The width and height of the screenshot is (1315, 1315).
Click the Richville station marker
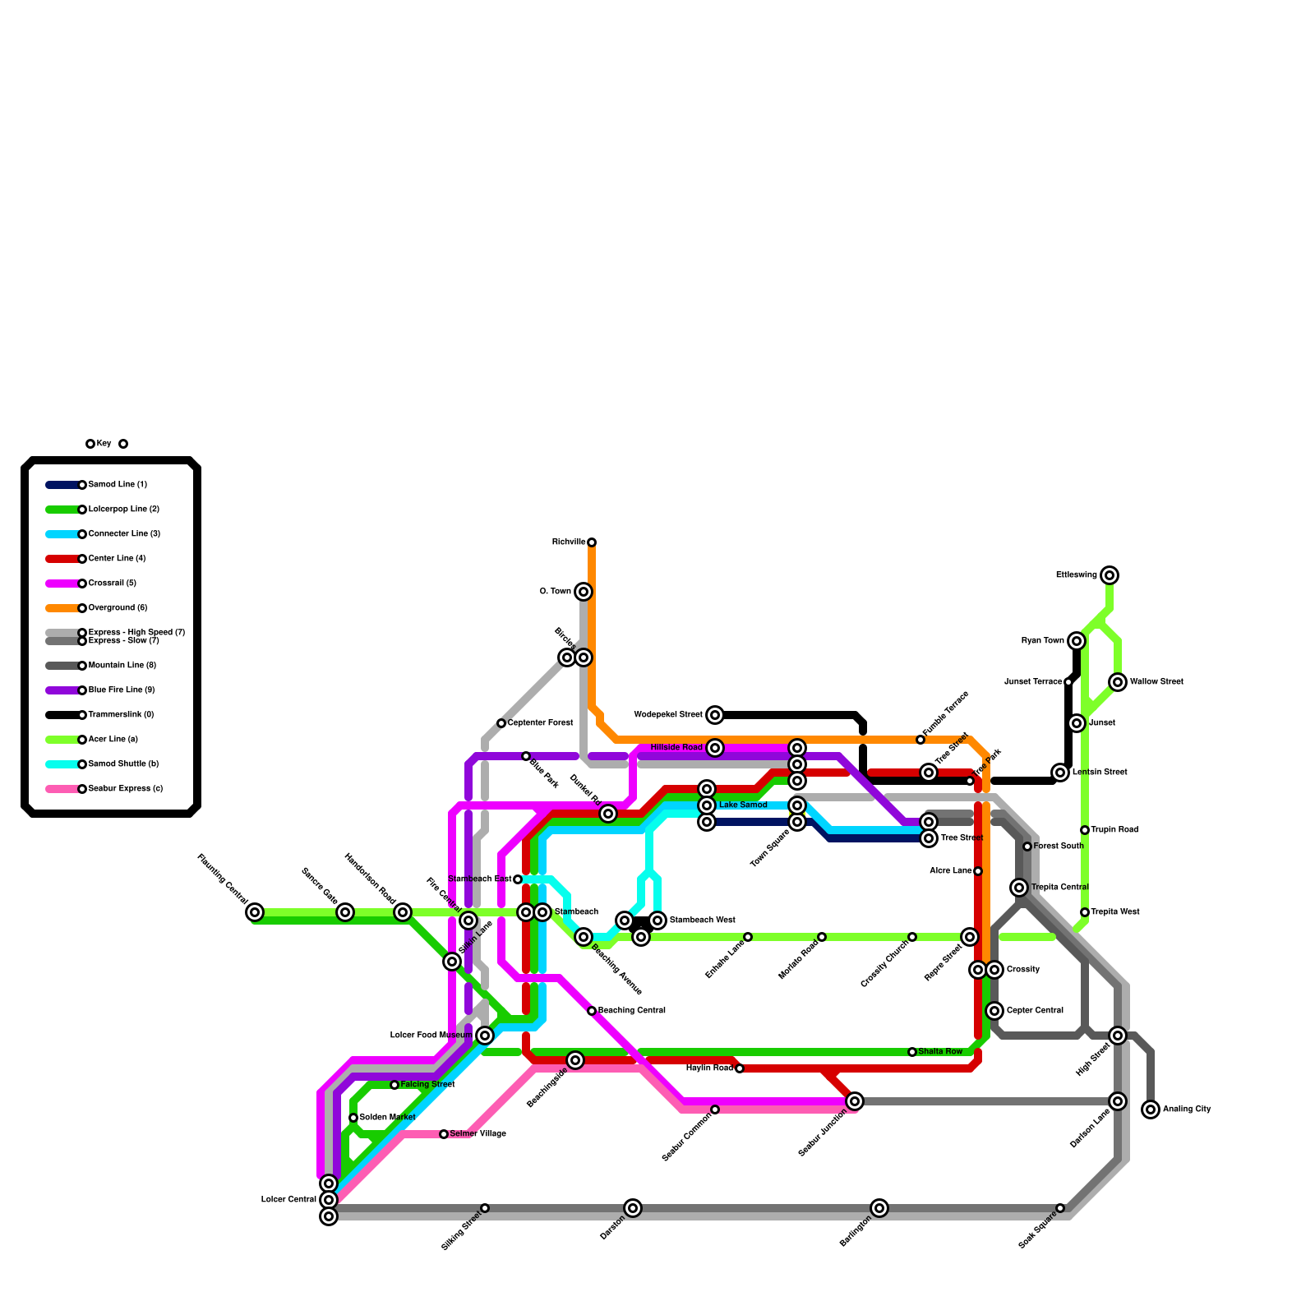(592, 542)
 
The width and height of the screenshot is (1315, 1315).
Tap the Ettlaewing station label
(1076, 575)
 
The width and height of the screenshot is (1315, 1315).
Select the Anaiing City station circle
(1151, 1110)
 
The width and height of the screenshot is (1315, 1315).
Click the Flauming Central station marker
(255, 912)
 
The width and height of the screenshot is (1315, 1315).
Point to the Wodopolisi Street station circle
(715, 715)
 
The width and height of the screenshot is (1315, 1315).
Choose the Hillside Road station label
(676, 748)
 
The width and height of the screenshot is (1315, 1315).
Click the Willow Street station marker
(1118, 682)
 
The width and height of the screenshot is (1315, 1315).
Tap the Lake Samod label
(743, 805)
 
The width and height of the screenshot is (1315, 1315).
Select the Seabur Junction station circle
(855, 1101)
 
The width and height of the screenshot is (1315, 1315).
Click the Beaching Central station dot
(592, 1011)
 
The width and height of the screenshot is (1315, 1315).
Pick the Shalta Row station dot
(912, 1052)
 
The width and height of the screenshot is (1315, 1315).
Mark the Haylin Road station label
(709, 1068)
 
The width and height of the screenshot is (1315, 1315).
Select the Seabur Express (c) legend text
(126, 789)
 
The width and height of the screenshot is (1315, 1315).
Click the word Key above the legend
(104, 444)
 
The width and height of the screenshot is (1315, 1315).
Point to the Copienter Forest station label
(540, 723)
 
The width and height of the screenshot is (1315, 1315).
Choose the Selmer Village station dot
(444, 1134)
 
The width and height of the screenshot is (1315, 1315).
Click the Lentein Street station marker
(1060, 773)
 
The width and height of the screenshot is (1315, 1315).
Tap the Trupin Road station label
(1114, 830)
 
